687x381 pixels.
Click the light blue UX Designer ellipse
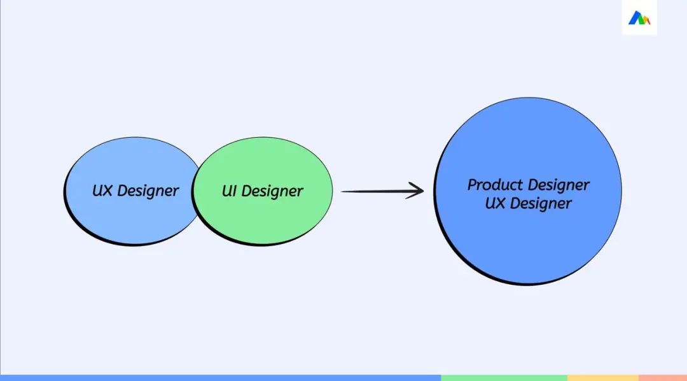pyautogui.click(x=132, y=191)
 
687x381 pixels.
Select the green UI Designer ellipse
pyautogui.click(x=262, y=191)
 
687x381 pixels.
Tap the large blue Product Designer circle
pyautogui.click(x=527, y=191)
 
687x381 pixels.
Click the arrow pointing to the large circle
pyautogui.click(x=382, y=191)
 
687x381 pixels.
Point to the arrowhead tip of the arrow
pyautogui.click(x=424, y=190)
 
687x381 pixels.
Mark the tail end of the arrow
pyautogui.click(x=342, y=191)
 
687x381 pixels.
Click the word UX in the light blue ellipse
pyautogui.click(x=102, y=190)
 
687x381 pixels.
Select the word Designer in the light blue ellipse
pyautogui.click(x=148, y=191)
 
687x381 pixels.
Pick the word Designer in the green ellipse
pyautogui.click(x=272, y=191)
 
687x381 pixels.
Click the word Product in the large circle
pyautogui.click(x=495, y=184)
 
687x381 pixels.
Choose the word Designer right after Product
pyautogui.click(x=559, y=185)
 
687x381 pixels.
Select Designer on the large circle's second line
pyautogui.click(x=541, y=204)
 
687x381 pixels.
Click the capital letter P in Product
pyautogui.click(x=472, y=185)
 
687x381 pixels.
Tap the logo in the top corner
pyautogui.click(x=639, y=18)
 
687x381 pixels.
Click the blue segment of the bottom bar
pyautogui.click(x=220, y=378)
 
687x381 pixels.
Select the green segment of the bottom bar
pyautogui.click(x=504, y=378)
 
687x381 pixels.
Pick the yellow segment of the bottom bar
pyautogui.click(x=603, y=378)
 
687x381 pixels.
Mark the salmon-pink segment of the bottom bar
pyautogui.click(x=663, y=378)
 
